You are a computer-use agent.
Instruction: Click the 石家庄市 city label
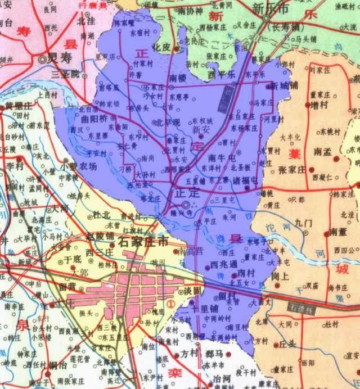(x=143, y=242)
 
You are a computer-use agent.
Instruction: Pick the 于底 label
(x=74, y=260)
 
